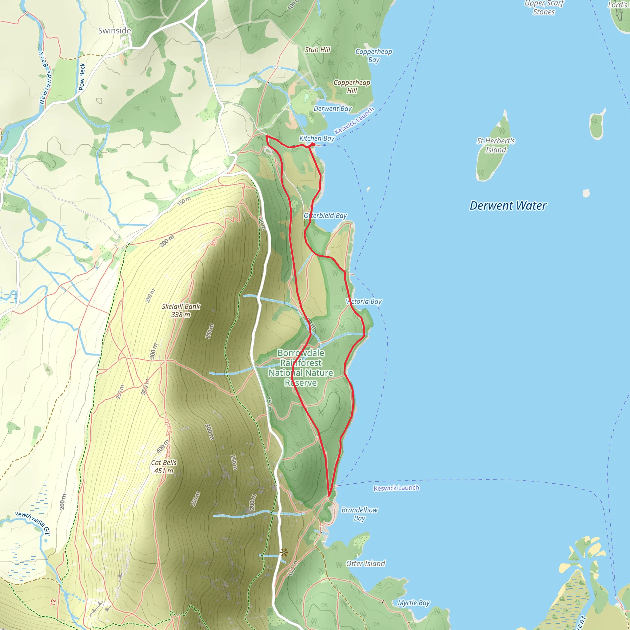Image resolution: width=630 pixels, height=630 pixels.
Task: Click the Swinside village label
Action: point(114,31)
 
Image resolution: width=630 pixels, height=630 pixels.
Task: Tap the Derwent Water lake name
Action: point(508,206)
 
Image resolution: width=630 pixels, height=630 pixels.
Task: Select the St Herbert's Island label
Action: point(496,146)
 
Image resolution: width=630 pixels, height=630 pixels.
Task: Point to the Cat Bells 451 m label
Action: point(164,467)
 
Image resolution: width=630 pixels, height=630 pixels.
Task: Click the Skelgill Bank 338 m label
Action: point(181,310)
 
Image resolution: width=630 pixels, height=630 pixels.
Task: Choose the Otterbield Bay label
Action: point(325,216)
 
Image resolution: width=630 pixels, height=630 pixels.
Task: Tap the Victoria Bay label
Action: point(364,302)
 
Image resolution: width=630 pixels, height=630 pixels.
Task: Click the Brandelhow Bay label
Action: point(359,514)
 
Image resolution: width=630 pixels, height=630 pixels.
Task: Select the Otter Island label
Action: point(365,564)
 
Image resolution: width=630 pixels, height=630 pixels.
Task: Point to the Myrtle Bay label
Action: point(413,603)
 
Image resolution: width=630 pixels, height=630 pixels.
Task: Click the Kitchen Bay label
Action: point(317,138)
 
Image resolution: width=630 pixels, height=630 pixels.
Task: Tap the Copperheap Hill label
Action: point(352,87)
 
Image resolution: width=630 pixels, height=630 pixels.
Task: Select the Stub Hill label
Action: point(317,50)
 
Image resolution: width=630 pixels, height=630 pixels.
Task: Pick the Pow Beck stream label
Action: point(82,77)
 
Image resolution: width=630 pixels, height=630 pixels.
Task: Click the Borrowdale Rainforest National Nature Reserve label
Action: point(301,368)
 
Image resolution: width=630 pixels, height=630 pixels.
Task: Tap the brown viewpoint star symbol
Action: point(284,552)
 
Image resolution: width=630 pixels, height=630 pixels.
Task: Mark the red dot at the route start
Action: point(313,144)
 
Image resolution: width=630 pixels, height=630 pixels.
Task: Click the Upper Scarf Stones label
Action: point(544,8)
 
